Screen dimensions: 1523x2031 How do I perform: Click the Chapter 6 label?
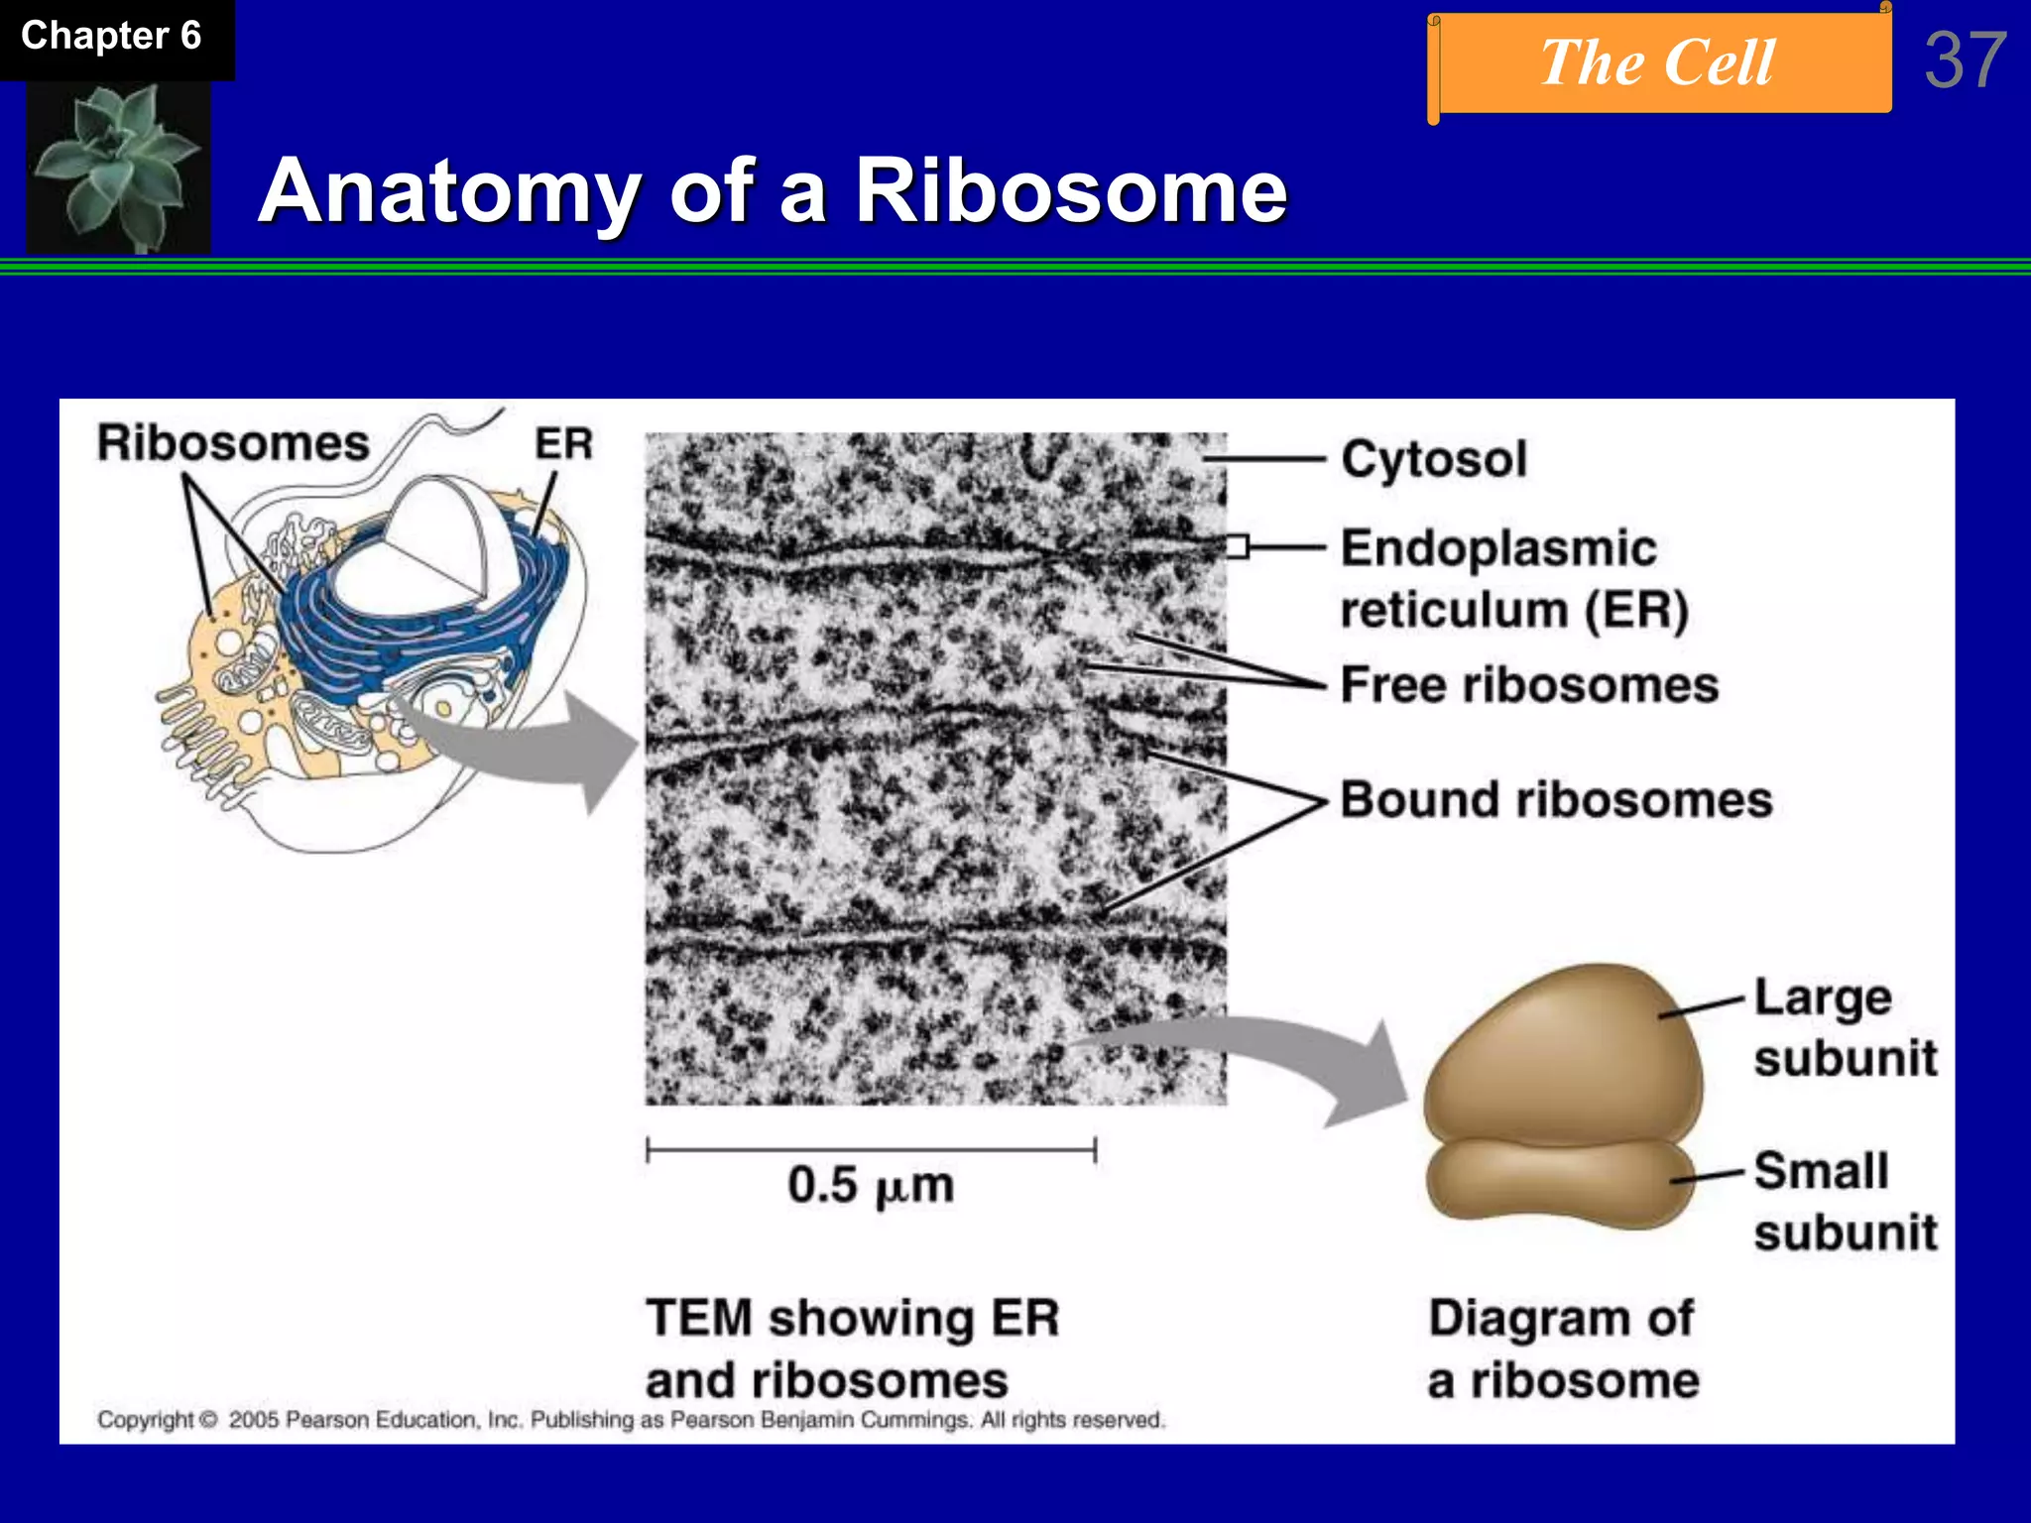click(111, 37)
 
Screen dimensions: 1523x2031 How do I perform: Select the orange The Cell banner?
click(1658, 63)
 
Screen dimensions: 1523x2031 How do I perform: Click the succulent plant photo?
click(117, 166)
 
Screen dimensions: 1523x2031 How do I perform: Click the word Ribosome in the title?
click(1071, 190)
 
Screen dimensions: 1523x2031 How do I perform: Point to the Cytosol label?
click(1434, 460)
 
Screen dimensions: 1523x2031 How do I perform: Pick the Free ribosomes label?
click(1529, 685)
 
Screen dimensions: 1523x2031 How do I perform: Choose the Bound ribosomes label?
click(1555, 800)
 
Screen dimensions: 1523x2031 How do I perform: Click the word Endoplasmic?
click(1498, 548)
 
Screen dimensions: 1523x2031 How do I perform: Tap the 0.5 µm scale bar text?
click(871, 1185)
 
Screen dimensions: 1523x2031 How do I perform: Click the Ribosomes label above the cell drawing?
click(233, 443)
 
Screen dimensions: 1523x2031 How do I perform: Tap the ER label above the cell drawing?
click(563, 444)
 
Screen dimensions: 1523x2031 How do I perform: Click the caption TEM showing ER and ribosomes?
click(851, 1348)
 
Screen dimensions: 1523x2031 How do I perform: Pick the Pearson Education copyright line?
click(631, 1420)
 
